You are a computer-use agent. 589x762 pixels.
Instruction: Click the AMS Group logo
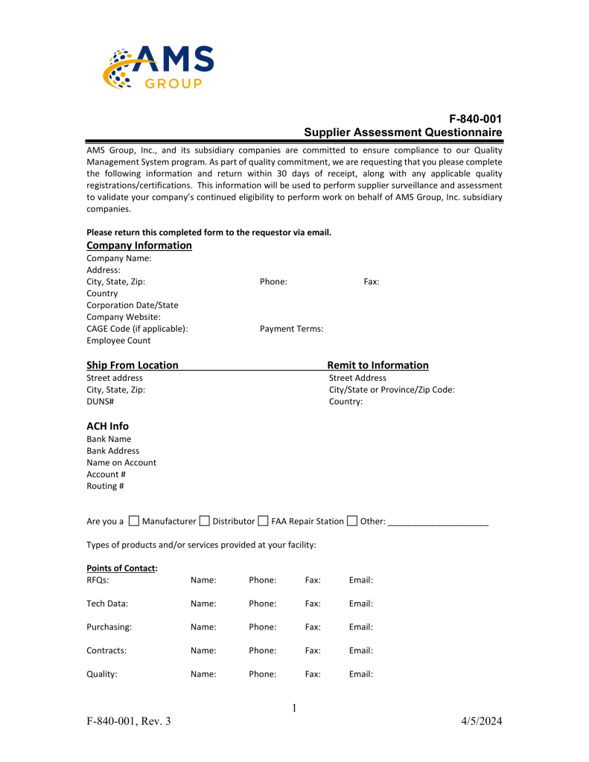click(x=158, y=67)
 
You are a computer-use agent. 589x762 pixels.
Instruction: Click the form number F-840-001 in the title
click(x=474, y=119)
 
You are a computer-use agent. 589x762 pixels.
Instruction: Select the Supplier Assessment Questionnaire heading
click(x=403, y=132)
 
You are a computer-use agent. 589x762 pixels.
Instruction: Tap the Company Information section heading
click(x=139, y=246)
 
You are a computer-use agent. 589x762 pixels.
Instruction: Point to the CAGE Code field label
click(x=137, y=329)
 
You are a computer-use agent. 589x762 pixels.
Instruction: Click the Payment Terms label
click(x=291, y=329)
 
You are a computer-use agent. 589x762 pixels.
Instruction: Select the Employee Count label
click(x=118, y=341)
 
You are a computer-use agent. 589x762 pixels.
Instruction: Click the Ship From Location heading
click(x=133, y=365)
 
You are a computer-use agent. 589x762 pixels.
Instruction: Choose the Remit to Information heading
click(x=378, y=365)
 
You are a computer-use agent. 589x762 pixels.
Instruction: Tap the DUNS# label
click(x=100, y=402)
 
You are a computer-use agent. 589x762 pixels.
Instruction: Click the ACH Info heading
click(x=107, y=426)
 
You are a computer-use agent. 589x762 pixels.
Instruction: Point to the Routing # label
click(x=105, y=486)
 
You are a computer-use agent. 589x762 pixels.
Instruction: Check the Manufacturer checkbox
click(x=134, y=521)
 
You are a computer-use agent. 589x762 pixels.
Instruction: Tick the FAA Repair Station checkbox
click(x=263, y=521)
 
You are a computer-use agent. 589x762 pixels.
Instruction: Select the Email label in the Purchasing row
click(x=360, y=627)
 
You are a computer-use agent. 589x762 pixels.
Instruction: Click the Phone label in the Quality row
click(x=262, y=674)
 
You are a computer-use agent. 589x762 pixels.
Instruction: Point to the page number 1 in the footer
click(x=294, y=708)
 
